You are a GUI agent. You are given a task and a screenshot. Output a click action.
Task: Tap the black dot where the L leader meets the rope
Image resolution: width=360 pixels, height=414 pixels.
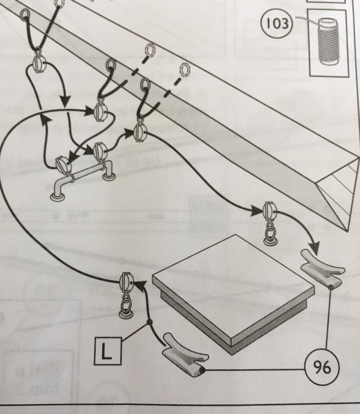149,322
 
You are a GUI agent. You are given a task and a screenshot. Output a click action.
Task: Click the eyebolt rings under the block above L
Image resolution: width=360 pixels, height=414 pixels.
127,307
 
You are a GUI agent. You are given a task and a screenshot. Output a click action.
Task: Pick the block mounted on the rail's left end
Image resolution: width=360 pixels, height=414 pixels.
63,166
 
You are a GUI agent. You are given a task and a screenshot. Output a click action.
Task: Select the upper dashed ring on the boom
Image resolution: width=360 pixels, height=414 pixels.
150,50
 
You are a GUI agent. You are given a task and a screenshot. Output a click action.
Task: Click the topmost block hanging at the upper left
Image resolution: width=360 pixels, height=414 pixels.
38,62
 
